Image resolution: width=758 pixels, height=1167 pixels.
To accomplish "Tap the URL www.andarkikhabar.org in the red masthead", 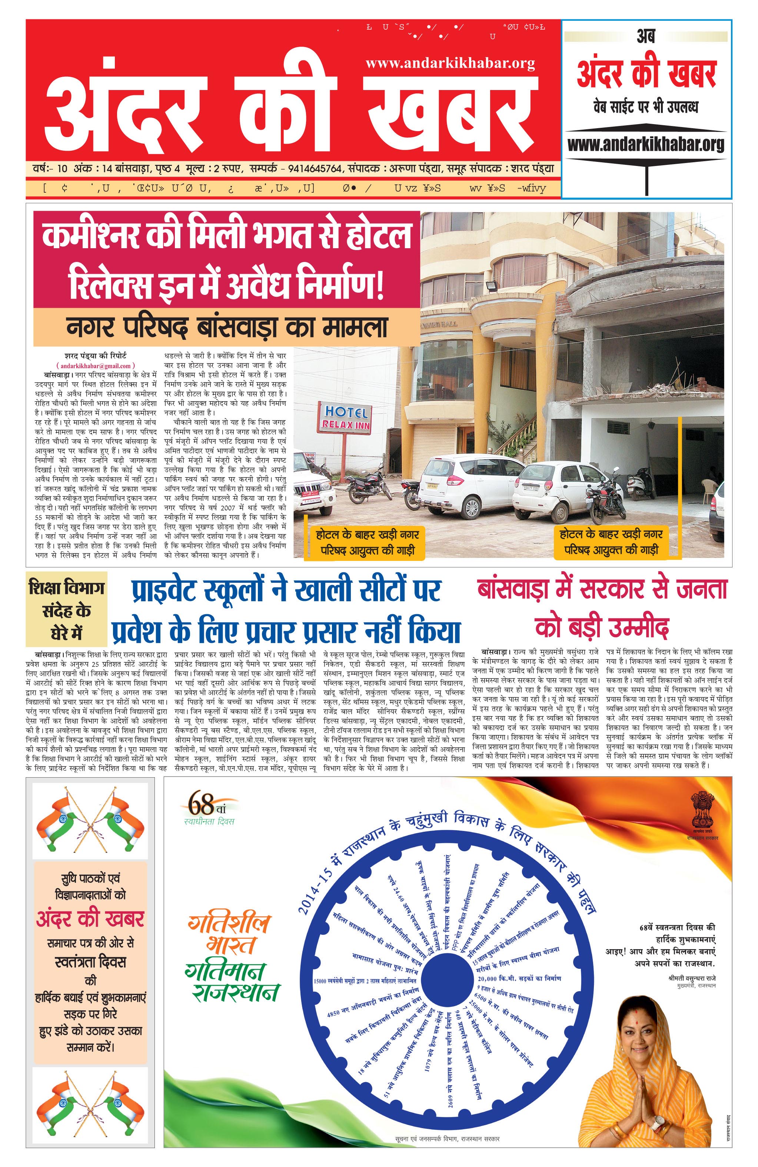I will pyautogui.click(x=450, y=63).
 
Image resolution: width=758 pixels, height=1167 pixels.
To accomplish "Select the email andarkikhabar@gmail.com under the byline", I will pyautogui.click(x=96, y=365).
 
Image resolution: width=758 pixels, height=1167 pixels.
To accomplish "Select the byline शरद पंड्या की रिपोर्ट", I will pyautogui.click(x=96, y=356).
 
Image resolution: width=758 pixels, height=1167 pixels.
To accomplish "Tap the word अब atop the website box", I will pyautogui.click(x=646, y=37).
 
